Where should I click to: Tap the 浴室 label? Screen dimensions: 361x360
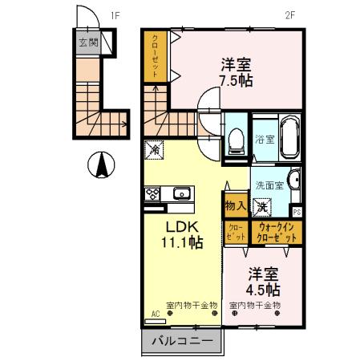pyautogui.click(x=265, y=139)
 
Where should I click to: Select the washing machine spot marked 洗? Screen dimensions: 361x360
pyautogui.click(x=262, y=206)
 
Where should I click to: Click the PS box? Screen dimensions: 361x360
pyautogui.click(x=297, y=212)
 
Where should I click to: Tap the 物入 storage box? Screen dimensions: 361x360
pyautogui.click(x=235, y=206)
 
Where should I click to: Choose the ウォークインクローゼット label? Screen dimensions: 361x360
pyautogui.click(x=277, y=233)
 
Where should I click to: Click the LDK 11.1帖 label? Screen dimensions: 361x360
pyautogui.click(x=184, y=233)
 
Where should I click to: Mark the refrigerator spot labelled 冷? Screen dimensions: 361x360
pyautogui.click(x=152, y=149)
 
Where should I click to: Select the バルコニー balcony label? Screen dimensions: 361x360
pyautogui.click(x=182, y=342)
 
